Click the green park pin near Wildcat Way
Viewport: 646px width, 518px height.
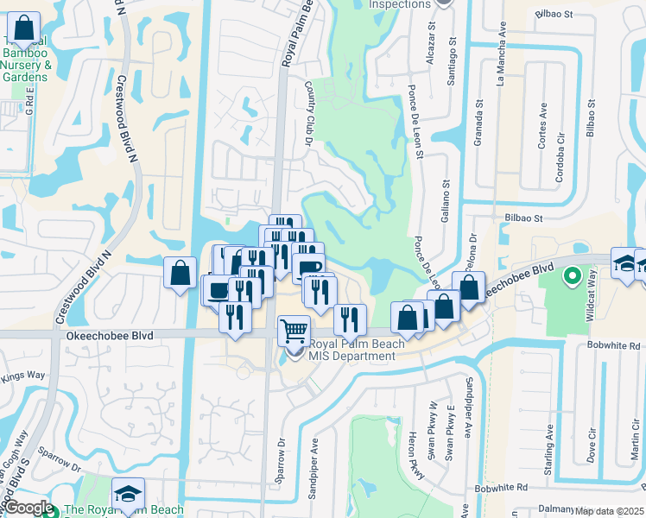pos(571,277)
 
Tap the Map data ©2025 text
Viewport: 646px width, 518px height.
pos(609,511)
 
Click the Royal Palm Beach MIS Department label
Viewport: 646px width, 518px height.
pos(357,351)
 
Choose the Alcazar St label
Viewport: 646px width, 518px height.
pos(429,42)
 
